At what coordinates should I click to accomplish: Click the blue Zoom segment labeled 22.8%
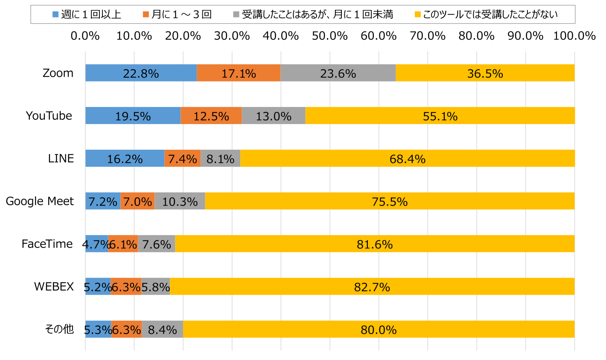(x=141, y=73)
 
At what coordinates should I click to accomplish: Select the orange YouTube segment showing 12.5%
(x=211, y=116)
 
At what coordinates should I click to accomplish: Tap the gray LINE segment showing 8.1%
(x=220, y=158)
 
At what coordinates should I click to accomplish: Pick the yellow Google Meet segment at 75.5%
(x=390, y=201)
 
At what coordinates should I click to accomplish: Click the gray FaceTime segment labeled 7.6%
(x=156, y=244)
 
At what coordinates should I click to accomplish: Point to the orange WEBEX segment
(x=126, y=286)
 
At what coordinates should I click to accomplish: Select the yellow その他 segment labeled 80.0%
(x=379, y=329)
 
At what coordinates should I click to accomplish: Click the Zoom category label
(x=58, y=73)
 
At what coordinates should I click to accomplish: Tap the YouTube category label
(x=49, y=116)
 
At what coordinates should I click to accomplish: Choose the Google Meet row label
(x=40, y=201)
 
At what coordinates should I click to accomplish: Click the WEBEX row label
(x=54, y=286)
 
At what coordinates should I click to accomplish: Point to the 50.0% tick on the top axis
(x=329, y=36)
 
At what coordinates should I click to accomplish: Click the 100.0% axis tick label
(x=574, y=36)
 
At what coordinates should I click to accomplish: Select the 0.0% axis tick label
(x=85, y=36)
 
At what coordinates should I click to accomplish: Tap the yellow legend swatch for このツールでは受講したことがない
(x=418, y=15)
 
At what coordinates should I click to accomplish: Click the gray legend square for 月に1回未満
(x=236, y=15)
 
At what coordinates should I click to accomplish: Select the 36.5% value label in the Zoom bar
(x=485, y=74)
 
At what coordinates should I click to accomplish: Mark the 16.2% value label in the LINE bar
(x=125, y=159)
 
